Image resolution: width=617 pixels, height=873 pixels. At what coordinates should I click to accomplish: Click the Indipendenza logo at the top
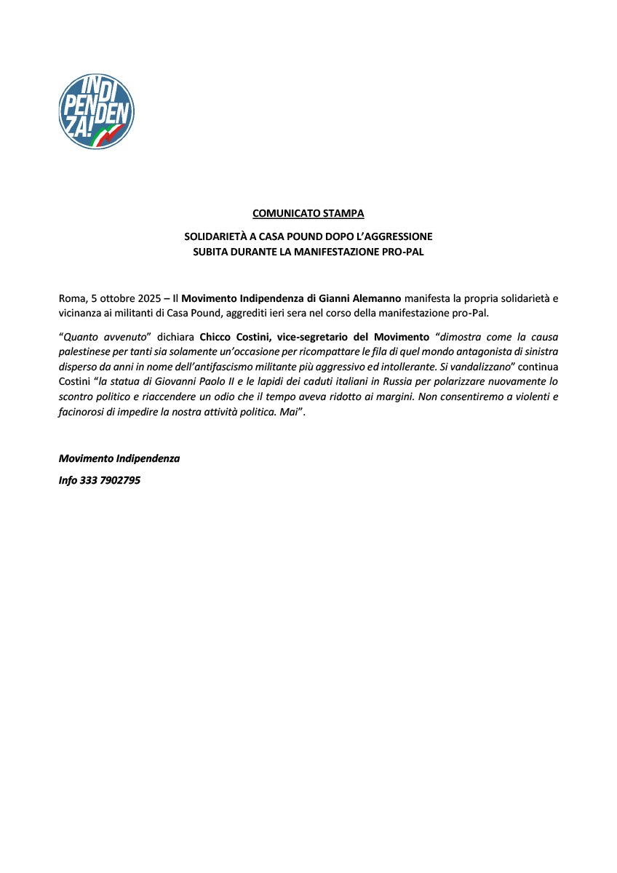[96, 111]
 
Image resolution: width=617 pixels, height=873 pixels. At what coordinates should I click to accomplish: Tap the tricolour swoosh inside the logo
[109, 134]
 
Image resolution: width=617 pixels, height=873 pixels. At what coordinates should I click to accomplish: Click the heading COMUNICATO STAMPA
[308, 213]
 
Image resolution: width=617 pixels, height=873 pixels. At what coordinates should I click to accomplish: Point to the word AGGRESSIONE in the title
[398, 236]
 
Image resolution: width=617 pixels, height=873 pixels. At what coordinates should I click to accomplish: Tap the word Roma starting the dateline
[71, 298]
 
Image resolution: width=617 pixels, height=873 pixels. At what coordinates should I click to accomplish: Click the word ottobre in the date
[116, 298]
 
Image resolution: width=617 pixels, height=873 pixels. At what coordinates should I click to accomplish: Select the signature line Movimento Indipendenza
[119, 459]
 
